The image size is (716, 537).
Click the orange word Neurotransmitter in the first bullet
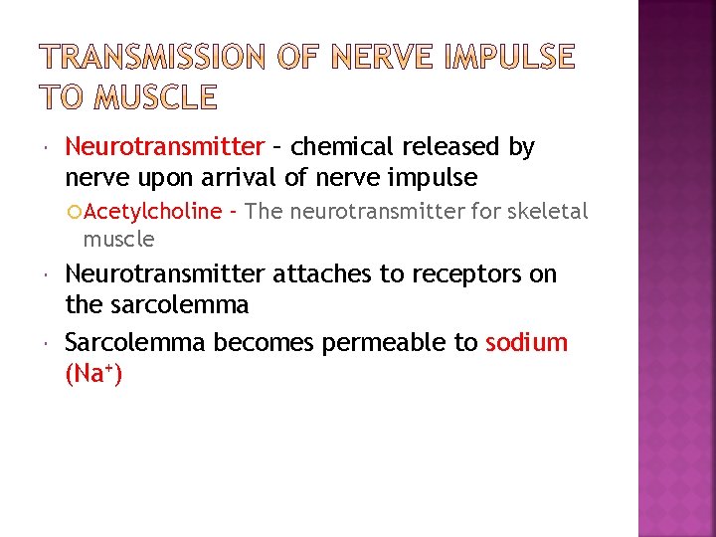click(x=164, y=147)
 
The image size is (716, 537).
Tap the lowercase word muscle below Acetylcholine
click(x=118, y=239)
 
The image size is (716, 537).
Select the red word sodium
click(x=526, y=342)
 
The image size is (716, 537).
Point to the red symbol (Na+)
click(x=93, y=375)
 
